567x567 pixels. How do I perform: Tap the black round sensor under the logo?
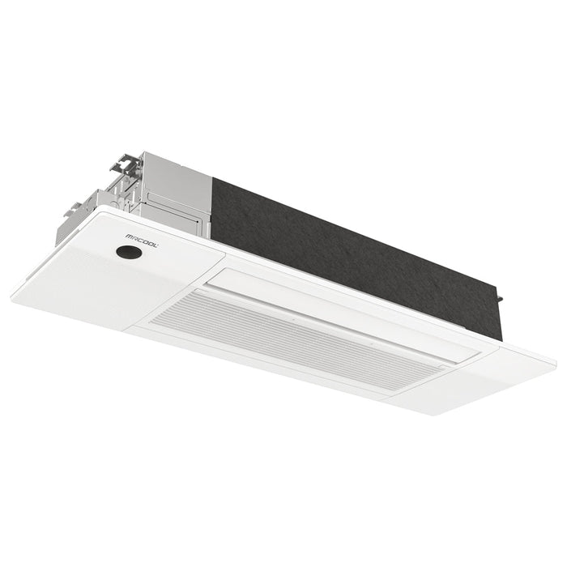click(x=128, y=252)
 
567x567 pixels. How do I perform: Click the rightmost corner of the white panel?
click(x=556, y=357)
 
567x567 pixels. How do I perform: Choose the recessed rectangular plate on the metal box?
click(x=180, y=203)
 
